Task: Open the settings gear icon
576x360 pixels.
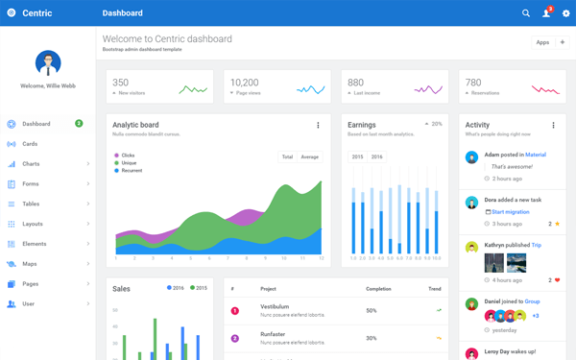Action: coord(565,13)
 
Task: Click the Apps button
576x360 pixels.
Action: coord(542,42)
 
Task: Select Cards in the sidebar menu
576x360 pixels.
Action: coord(30,144)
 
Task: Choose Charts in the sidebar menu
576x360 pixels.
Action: coord(31,164)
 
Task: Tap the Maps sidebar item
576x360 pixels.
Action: coord(30,264)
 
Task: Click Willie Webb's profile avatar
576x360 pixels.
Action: coord(48,63)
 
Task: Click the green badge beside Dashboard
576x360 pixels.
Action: coord(79,124)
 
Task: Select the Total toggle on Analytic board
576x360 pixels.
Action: coord(287,156)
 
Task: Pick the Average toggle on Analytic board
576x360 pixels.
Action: coord(309,156)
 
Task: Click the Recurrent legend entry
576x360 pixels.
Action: coord(132,170)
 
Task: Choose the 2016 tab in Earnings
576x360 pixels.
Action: coord(376,156)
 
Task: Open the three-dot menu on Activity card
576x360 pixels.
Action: coord(553,126)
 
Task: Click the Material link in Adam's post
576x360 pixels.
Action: coord(536,155)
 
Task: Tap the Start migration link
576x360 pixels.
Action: coord(510,211)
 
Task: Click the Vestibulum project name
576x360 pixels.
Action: coord(275,307)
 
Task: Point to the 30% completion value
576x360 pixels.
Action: coord(371,338)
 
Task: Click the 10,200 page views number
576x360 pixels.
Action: coord(245,83)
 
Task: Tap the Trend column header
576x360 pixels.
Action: coord(435,288)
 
